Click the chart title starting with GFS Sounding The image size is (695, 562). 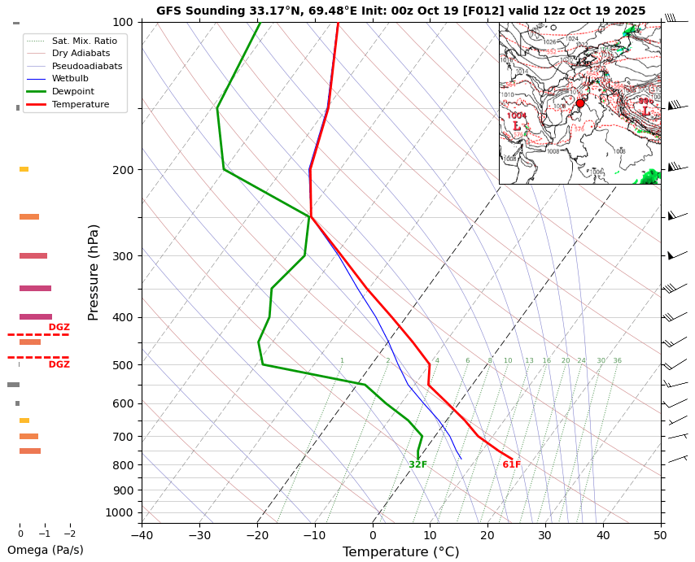400,11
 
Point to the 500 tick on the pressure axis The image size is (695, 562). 123,365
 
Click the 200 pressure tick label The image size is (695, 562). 123,170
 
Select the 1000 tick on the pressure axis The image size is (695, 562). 120,512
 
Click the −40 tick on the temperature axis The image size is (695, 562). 142,535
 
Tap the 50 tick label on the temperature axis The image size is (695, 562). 660,535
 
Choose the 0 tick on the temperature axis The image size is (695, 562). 373,535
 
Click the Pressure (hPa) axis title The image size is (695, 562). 94,272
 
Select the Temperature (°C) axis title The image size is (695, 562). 400,552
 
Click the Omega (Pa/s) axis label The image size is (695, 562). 46,551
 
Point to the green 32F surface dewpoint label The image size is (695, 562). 417,465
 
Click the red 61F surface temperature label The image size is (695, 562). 511,465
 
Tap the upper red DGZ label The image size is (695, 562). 59,328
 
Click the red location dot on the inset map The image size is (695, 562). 580,103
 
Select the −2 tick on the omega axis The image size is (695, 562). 70,534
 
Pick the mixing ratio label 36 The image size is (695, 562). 617,361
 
